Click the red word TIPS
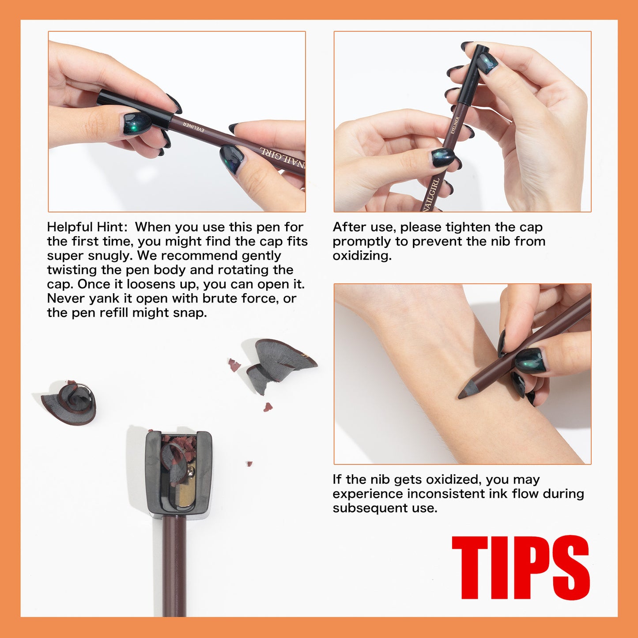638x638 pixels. pyautogui.click(x=521, y=567)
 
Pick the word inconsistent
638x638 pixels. pyautogui.click(x=445, y=494)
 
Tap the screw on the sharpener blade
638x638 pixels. pyautogui.click(x=190, y=472)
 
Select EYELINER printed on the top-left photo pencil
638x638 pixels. pyautogui.click(x=193, y=127)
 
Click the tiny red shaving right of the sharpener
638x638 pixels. pyautogui.click(x=249, y=464)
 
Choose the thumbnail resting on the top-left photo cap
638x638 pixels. pyautogui.click(x=138, y=122)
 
